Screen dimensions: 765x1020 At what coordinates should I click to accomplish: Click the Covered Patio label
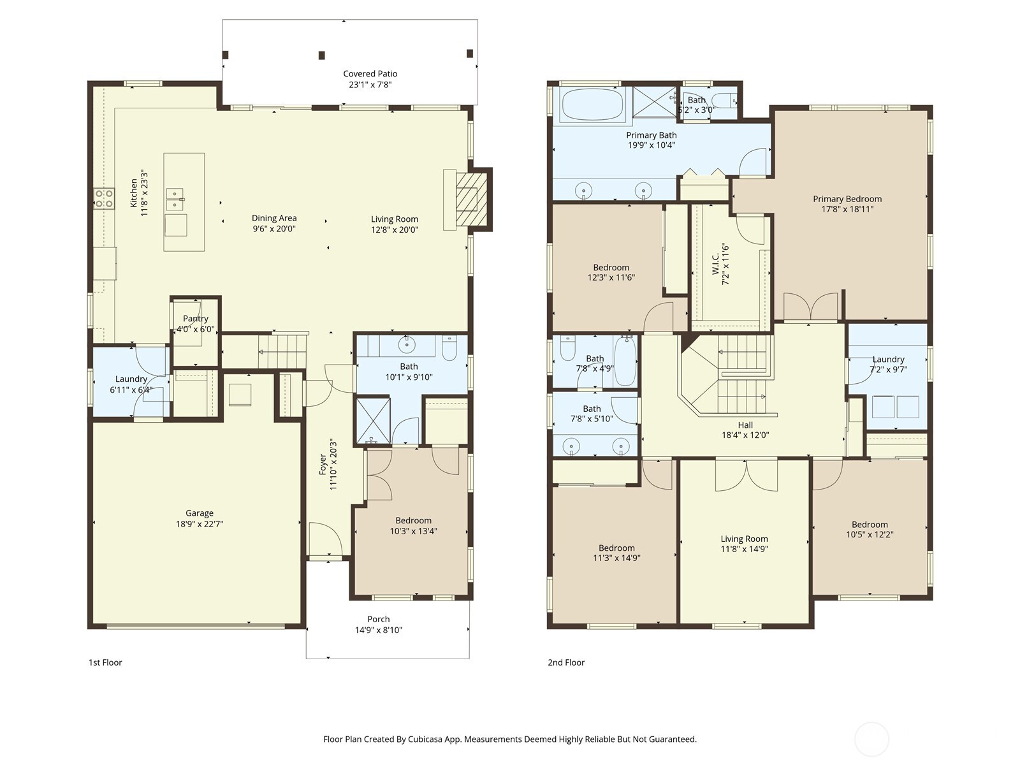(x=370, y=74)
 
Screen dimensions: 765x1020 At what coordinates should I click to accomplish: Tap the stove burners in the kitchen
(x=104, y=198)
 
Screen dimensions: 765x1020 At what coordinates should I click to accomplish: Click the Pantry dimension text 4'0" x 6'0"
(x=196, y=330)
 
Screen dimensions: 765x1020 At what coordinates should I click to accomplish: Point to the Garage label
(x=200, y=513)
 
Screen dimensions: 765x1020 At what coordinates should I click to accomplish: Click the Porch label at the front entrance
(x=378, y=619)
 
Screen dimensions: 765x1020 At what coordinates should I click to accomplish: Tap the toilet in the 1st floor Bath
(x=449, y=348)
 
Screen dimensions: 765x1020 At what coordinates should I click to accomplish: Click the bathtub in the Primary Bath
(x=592, y=105)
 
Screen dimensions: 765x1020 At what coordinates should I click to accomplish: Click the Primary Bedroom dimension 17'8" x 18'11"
(x=847, y=209)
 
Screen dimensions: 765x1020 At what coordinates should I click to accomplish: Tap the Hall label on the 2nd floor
(x=745, y=425)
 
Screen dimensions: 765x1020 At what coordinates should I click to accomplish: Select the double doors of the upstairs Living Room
(x=746, y=475)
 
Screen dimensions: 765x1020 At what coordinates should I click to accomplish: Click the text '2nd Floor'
(x=565, y=662)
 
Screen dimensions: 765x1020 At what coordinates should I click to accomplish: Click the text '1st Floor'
(x=105, y=662)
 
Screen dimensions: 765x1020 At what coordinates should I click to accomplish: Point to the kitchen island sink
(x=175, y=199)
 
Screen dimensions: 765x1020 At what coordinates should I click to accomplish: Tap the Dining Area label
(x=274, y=219)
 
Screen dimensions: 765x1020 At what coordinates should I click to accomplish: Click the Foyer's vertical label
(x=323, y=464)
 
